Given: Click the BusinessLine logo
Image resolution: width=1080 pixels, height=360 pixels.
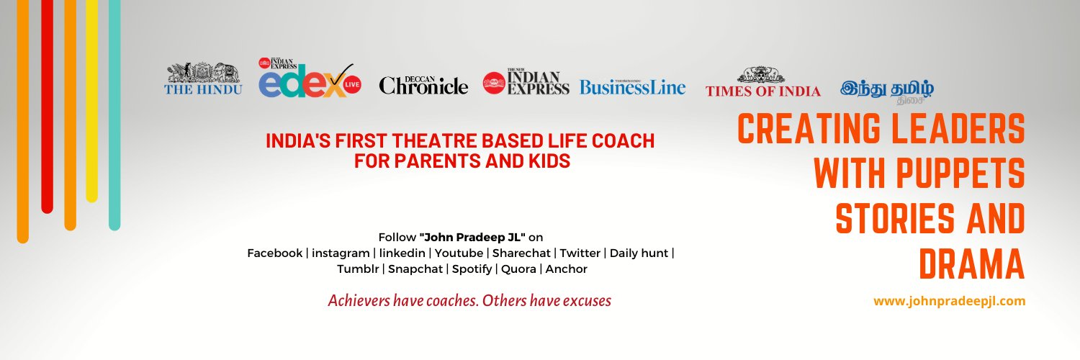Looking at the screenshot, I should pos(632,87).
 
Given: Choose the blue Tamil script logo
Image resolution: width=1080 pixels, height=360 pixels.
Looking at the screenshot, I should pos(886,89).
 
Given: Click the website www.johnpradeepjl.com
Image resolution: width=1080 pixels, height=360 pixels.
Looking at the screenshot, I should pos(949,301).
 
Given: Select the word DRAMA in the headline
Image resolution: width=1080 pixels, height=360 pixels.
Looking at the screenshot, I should pos(971,264).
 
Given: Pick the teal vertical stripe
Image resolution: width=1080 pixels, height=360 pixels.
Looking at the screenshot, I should pos(114,115).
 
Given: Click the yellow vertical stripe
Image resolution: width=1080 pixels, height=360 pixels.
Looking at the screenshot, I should pos(91,101).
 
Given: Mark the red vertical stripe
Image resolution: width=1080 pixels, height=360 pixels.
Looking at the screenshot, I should pos(47,108).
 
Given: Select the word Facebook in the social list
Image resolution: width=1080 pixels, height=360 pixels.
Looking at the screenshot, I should pos(274,253).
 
